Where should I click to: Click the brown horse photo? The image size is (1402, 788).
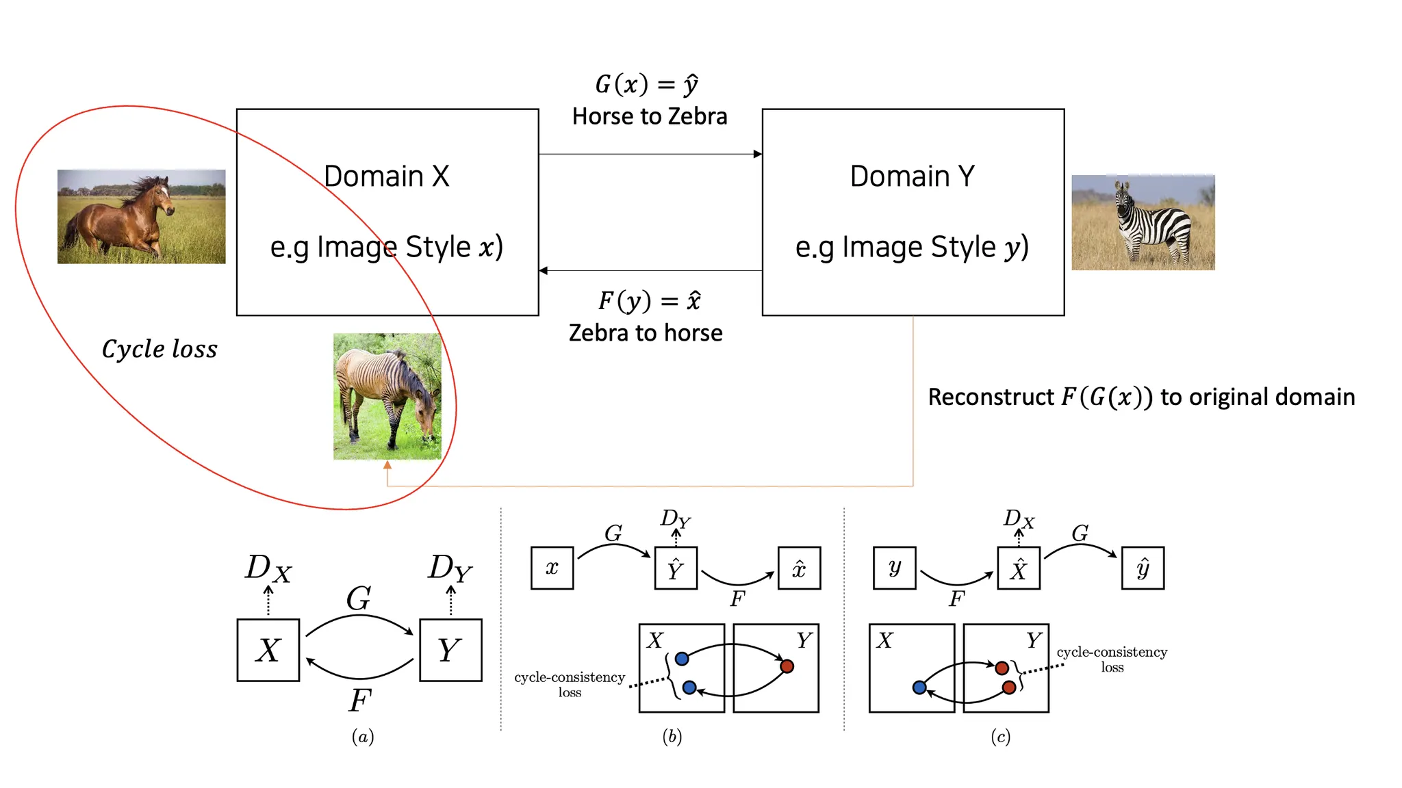coord(141,216)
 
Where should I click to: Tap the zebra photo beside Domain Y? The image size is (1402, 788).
coord(1143,222)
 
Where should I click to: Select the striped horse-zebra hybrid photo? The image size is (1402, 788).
coord(387,396)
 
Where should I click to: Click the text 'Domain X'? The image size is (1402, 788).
coord(386,176)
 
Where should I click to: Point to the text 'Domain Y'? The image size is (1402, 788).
coord(912,176)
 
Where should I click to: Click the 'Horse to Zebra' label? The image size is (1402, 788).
coord(649,116)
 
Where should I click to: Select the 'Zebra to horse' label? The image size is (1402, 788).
coord(646,333)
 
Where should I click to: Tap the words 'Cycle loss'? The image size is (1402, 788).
coord(160,349)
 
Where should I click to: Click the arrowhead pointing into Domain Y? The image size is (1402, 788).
coord(757,154)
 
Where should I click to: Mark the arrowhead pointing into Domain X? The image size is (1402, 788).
coord(544,271)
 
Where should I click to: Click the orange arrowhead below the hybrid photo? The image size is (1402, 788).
coord(387,465)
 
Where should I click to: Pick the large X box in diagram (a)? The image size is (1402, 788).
coord(268,650)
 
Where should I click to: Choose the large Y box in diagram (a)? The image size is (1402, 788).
coord(450,650)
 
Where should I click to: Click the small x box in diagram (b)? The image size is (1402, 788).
coord(552,568)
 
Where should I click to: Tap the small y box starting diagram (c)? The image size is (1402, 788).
coord(894,568)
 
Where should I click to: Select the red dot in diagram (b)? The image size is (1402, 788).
coord(787,666)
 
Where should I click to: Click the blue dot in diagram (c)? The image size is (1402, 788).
coord(919,687)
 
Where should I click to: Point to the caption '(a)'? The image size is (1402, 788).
coord(363,737)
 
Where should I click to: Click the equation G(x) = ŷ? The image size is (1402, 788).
coord(647,84)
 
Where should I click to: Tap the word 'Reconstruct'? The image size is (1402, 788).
coord(991,397)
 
